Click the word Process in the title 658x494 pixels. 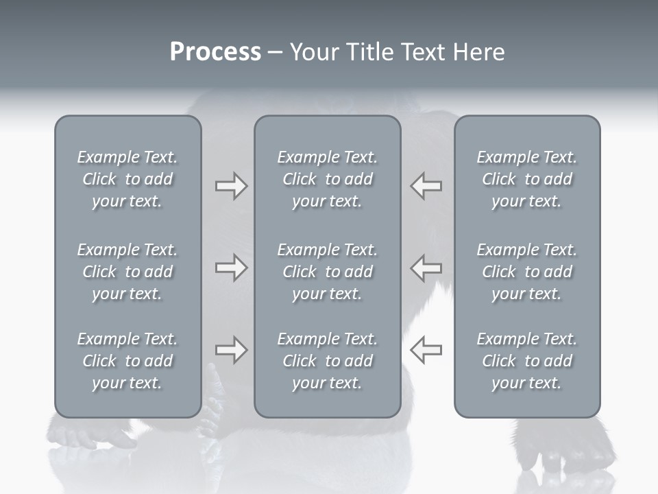coord(215,52)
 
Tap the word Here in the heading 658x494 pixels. coord(480,52)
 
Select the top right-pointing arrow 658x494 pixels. coord(231,186)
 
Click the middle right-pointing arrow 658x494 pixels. coord(231,268)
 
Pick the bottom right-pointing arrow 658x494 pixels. coord(231,350)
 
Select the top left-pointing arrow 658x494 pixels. coord(426,186)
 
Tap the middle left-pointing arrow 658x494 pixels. coord(426,268)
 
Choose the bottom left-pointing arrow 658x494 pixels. coord(426,350)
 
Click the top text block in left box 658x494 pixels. coord(127,179)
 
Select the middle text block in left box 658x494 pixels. coord(127,272)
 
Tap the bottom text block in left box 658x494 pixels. coord(127,361)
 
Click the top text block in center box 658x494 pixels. coord(327,179)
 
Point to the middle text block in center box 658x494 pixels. coord(327,272)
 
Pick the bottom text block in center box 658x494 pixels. coord(327,361)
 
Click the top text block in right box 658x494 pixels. coord(526,179)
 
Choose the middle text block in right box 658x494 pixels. coord(526,272)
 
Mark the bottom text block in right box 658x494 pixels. coord(526,361)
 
